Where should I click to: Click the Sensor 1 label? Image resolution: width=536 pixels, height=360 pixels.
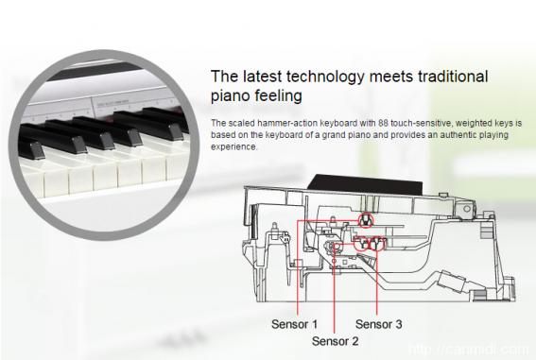tap(294, 324)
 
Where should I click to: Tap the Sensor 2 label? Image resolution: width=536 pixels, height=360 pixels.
tap(335, 341)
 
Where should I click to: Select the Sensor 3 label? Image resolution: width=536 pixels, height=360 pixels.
tap(378, 324)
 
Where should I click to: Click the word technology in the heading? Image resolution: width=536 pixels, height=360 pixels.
tap(325, 77)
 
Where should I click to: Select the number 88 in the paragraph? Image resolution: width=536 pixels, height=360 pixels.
tap(383, 123)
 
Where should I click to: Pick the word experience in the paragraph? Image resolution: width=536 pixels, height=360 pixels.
tap(233, 146)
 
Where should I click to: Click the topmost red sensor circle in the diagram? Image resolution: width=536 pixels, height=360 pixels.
tap(366, 220)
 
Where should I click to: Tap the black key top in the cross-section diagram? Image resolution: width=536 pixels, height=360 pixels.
tap(364, 184)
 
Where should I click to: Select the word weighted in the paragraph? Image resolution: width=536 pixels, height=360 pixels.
tap(475, 123)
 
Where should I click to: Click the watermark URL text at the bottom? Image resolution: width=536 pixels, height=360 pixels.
tap(469, 350)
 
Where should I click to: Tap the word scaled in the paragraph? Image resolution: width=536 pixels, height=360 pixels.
tap(241, 123)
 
